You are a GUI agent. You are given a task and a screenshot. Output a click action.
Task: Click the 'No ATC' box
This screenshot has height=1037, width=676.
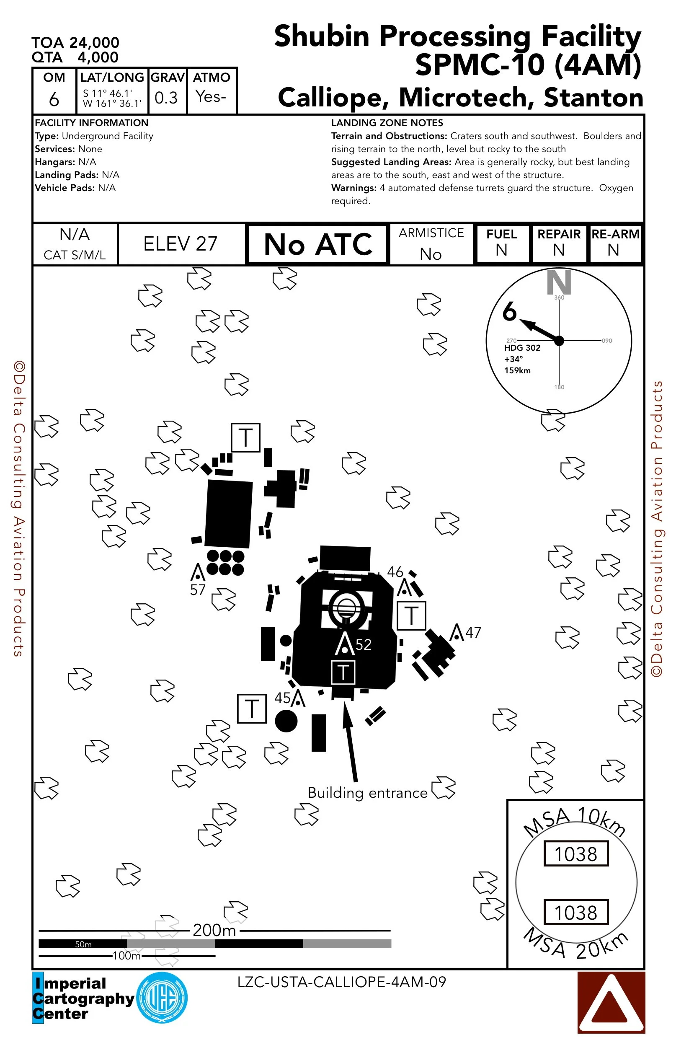[x=317, y=244]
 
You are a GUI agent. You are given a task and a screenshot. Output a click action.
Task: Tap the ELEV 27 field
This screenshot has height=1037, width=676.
[x=181, y=244]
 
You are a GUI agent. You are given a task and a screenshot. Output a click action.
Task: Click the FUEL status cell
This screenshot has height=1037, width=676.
[x=502, y=243]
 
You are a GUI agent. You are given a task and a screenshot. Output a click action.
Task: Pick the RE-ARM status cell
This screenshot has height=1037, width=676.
[x=614, y=243]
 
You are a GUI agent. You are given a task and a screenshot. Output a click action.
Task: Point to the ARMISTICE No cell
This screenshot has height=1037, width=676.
[x=431, y=244]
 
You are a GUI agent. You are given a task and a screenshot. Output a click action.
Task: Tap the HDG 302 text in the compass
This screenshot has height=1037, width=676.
[x=522, y=348]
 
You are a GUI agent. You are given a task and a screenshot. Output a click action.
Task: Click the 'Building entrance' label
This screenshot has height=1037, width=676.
[x=367, y=793]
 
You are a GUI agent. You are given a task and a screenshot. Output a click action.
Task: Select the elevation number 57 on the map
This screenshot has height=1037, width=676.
[x=198, y=590]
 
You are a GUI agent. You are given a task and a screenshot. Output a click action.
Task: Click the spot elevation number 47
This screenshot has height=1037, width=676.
[x=473, y=632]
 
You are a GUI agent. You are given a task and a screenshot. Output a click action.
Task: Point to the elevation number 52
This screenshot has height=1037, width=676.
[x=364, y=644]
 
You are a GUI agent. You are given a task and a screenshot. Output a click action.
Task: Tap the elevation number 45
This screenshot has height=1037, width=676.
[x=282, y=698]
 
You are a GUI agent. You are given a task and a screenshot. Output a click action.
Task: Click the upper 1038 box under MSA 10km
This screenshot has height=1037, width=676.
[x=575, y=853]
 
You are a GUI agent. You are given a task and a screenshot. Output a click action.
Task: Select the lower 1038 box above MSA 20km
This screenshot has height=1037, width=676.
[x=575, y=912]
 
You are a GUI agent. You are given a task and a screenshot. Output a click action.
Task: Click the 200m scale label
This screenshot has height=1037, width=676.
[x=214, y=930]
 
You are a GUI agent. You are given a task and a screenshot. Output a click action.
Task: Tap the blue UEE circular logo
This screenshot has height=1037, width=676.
[x=162, y=997]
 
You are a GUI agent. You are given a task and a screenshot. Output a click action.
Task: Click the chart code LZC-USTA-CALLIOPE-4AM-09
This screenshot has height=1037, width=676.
[x=341, y=982]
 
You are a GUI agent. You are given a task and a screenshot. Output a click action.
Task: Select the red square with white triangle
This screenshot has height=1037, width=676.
[x=611, y=1002]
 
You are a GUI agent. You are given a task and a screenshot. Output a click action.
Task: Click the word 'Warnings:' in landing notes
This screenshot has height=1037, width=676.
[x=353, y=188]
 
